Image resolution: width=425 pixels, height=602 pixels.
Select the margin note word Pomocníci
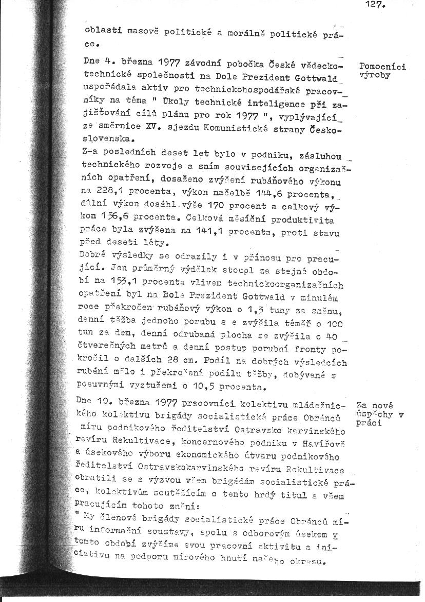(383, 66)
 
